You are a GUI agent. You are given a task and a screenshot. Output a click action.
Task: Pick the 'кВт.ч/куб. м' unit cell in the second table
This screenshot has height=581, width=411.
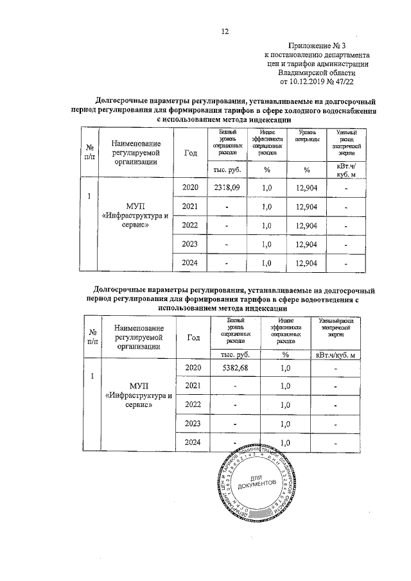coord(336,354)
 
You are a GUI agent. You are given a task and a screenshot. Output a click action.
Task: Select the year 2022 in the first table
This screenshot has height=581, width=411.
coord(190,225)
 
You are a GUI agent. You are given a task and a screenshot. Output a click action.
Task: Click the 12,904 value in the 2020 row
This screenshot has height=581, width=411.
coord(307,187)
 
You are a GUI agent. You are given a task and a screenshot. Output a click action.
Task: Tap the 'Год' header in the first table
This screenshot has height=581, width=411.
coord(190,152)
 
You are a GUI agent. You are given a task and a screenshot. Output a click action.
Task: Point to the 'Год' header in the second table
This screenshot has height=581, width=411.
coord(193,336)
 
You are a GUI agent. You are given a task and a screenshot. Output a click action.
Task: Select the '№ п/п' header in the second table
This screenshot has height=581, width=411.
coord(93,337)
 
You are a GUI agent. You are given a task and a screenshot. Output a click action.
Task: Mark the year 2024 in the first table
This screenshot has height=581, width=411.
coord(190,263)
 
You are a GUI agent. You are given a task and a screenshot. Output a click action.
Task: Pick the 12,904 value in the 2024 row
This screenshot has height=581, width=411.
coord(307,263)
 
